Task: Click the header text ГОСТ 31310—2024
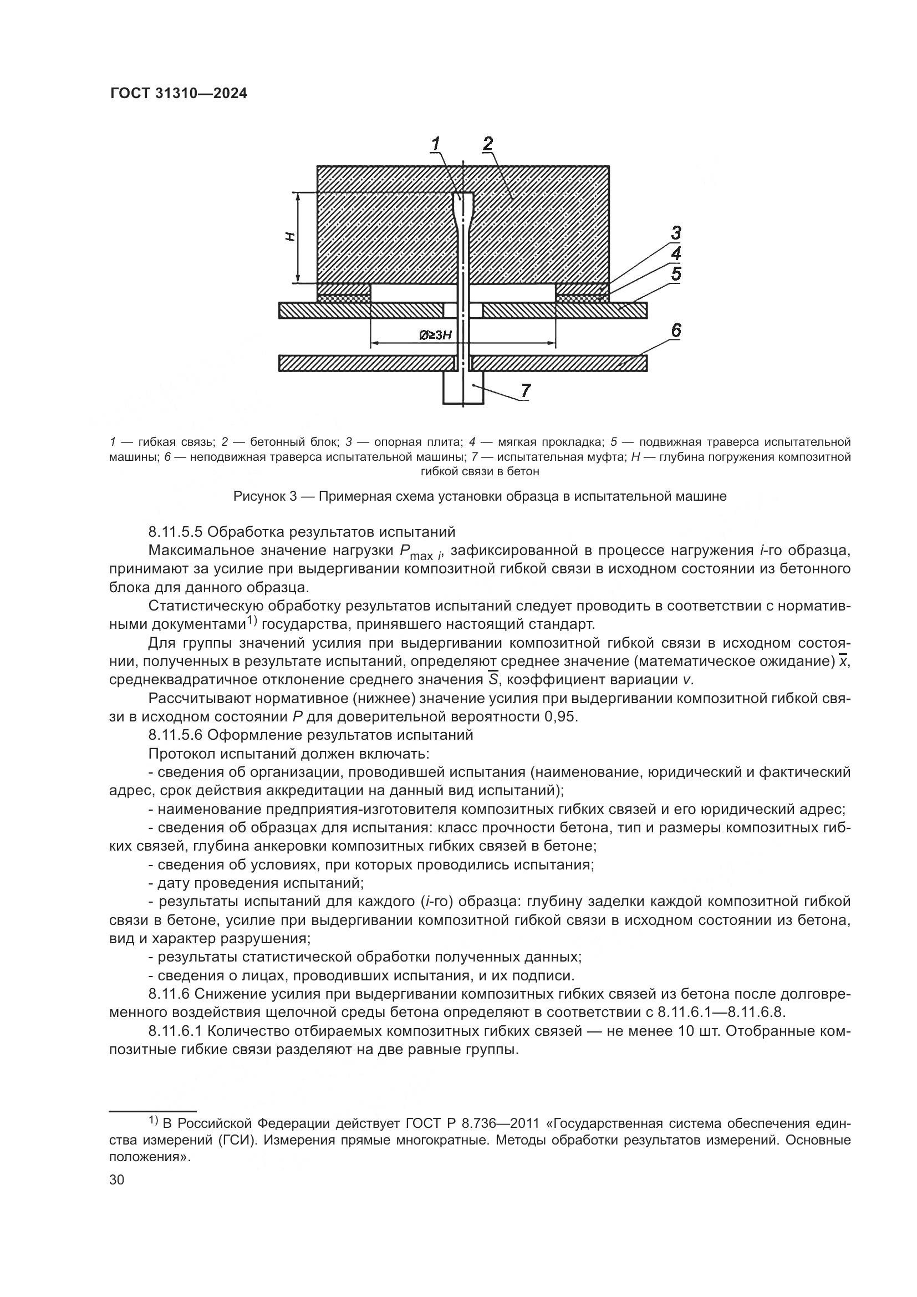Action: coord(179,94)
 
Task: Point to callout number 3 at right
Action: coord(675,233)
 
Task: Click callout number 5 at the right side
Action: coord(676,274)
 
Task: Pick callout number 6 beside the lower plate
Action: coord(676,330)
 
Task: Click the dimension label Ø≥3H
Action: coord(435,335)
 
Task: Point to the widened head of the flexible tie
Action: coord(463,204)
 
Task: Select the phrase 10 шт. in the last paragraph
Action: coord(698,1031)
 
